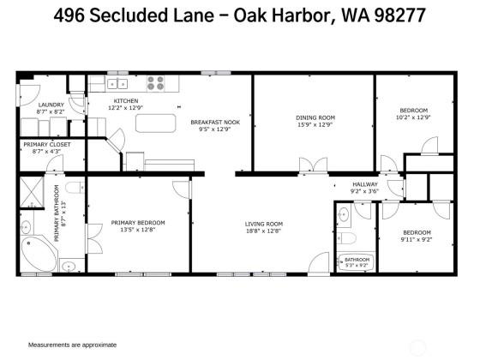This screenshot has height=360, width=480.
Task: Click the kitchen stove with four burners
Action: (155, 83)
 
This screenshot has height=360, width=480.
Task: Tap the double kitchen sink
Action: (117, 84)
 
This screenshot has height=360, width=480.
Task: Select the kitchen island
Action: (156, 123)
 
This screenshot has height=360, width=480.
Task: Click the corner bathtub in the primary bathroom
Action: (39, 254)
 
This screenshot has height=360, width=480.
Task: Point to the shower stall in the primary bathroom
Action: (32, 191)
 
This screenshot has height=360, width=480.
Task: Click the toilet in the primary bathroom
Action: (75, 188)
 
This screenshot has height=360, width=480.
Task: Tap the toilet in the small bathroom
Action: (346, 238)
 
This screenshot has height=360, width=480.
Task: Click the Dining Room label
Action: (315, 117)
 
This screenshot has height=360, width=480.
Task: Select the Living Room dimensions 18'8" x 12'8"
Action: (264, 231)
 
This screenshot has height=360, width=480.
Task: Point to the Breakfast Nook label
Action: (215, 122)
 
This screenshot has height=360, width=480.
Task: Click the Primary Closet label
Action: (47, 145)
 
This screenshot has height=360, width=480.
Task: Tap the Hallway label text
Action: (365, 184)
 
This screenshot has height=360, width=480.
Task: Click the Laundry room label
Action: (51, 105)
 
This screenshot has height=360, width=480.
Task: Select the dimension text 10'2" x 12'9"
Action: (413, 117)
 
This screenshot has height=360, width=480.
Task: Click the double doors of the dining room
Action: (313, 165)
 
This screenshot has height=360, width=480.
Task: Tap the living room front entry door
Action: (319, 263)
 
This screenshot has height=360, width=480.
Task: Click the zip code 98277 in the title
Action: (399, 15)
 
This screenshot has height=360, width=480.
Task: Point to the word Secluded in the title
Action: (129, 15)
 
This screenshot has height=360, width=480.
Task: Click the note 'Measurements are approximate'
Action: (72, 345)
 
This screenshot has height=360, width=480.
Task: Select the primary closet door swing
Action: (55, 163)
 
